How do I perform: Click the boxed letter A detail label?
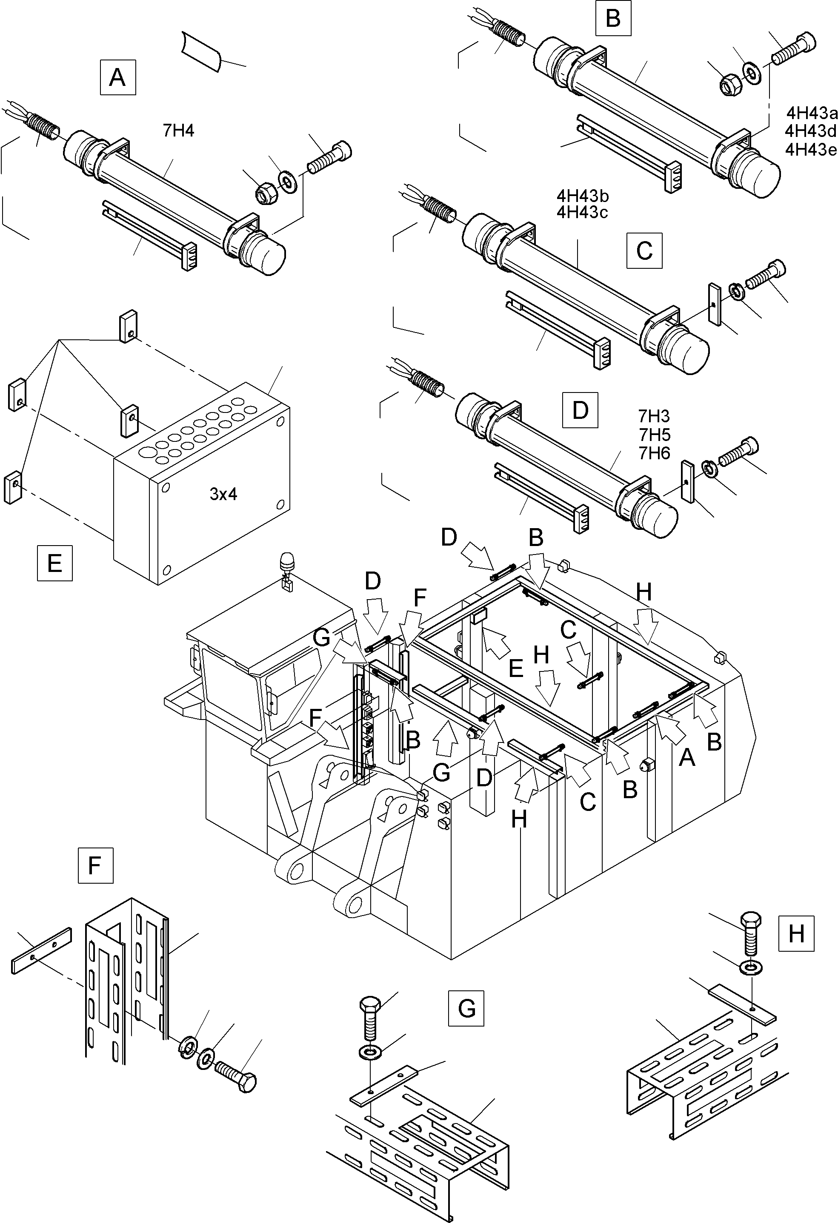click(117, 77)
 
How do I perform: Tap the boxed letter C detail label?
click(644, 250)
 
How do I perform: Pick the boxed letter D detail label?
click(580, 410)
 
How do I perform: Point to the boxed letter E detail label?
click(55, 563)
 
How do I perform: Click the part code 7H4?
click(179, 131)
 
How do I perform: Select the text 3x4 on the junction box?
click(223, 494)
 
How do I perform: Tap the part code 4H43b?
click(583, 196)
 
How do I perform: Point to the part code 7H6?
click(654, 453)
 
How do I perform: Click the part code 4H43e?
click(811, 150)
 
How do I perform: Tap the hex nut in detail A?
click(263, 195)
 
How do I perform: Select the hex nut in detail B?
click(730, 84)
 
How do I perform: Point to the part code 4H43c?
click(583, 213)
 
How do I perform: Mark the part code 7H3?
click(654, 416)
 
